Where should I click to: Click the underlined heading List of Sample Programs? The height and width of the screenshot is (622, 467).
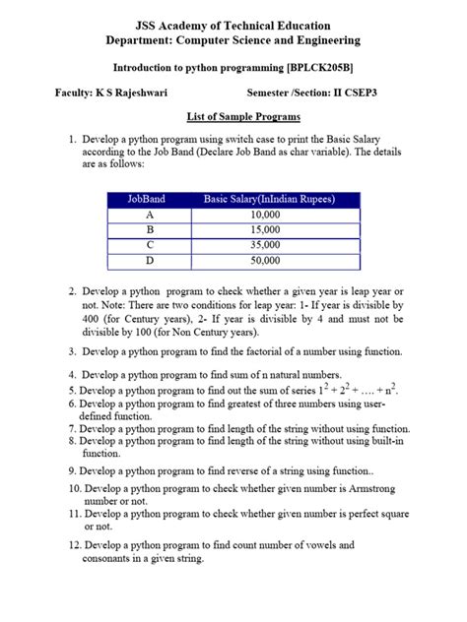[233, 115]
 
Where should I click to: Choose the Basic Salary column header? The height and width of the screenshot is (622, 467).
[269, 199]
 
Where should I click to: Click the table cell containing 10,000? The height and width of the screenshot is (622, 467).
[265, 214]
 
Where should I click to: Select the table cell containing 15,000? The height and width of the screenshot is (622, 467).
[265, 229]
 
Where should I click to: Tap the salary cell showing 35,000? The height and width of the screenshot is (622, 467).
[265, 245]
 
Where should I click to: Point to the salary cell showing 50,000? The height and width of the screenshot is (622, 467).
[265, 261]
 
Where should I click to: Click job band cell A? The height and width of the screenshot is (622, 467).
[149, 214]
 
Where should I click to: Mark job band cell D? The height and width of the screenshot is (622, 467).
[149, 261]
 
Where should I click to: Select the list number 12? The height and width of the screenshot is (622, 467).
[74, 544]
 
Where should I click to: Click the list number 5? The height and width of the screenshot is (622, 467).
[72, 390]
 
